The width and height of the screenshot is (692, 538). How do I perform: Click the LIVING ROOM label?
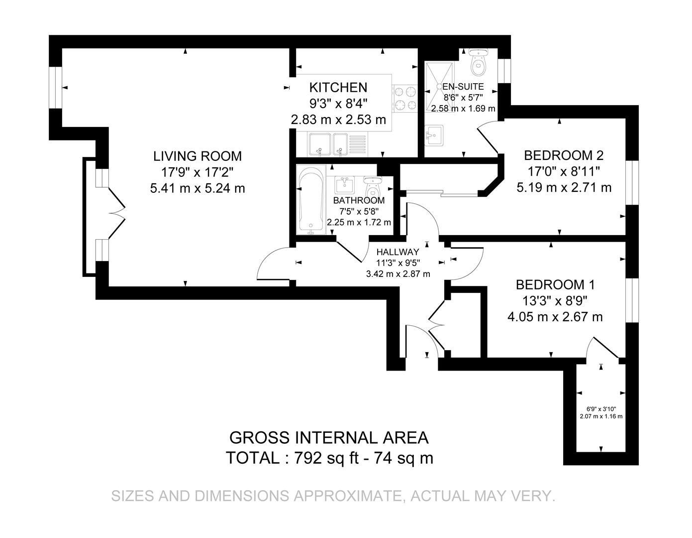pyautogui.click(x=197, y=156)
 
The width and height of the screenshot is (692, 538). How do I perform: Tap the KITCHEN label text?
pyautogui.click(x=338, y=88)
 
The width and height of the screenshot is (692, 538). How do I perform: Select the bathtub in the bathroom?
pyautogui.click(x=311, y=201)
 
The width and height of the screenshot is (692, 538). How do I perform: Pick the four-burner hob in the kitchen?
pyautogui.click(x=405, y=98)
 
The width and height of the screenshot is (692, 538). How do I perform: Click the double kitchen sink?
pyautogui.click(x=327, y=144)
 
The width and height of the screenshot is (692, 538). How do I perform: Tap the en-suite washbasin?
pyautogui.click(x=434, y=134)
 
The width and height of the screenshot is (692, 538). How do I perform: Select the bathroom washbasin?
pyautogui.click(x=344, y=184)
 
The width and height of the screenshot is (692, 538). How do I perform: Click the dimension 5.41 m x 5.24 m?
pyautogui.click(x=197, y=188)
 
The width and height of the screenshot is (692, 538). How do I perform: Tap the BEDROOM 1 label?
pyautogui.click(x=555, y=285)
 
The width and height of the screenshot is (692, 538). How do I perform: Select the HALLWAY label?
pyautogui.click(x=397, y=252)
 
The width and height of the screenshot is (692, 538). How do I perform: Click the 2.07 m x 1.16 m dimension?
pyautogui.click(x=601, y=416)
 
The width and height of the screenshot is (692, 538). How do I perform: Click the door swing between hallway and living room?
pyautogui.click(x=273, y=264)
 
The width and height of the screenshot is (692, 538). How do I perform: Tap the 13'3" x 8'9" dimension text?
pyautogui.click(x=555, y=300)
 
